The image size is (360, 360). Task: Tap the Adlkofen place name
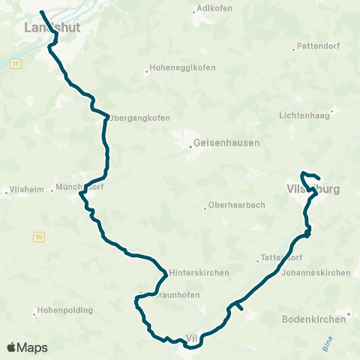tap(214, 8)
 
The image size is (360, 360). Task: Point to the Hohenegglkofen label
tap(183, 67)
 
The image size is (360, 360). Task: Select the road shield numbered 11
tap(14, 65)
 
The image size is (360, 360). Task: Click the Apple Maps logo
tap(27, 347)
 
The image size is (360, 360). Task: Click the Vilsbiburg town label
tap(313, 190)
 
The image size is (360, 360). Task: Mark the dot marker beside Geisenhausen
tap(190, 146)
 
